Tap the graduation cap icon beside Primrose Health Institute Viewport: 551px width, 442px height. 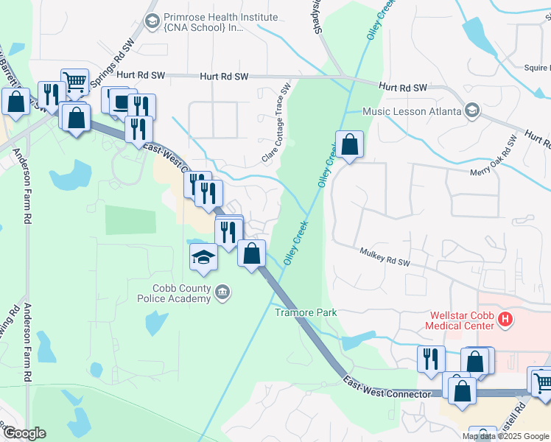point(152,21)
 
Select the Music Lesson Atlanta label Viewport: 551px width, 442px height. point(411,111)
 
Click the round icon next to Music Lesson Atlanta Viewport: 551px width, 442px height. point(472,111)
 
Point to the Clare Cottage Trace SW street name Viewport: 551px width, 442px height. point(273,128)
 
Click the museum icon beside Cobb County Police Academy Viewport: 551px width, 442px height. point(222,295)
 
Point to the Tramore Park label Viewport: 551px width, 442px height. point(306,312)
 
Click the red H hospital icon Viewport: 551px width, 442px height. point(505,320)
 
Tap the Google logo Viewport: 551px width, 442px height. point(24,432)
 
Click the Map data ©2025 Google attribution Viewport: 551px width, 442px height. point(505,436)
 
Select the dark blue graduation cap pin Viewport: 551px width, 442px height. point(204,258)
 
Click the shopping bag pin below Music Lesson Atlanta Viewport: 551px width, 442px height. point(350,144)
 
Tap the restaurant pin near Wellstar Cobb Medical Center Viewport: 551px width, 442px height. point(431,359)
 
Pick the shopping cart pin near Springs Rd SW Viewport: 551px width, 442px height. point(74,82)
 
